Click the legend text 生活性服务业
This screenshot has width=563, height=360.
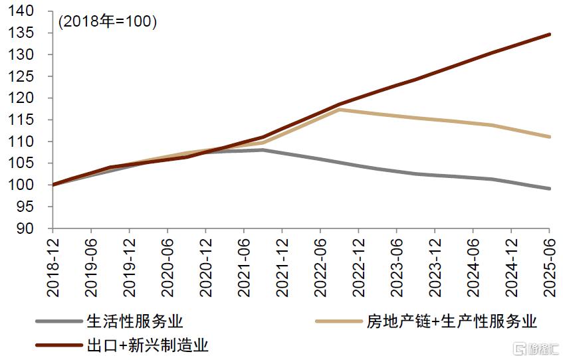tap(134, 321)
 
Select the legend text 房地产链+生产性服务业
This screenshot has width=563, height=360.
tap(451, 321)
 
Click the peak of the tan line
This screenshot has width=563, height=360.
tap(339, 110)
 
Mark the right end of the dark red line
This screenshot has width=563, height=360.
tap(550, 34)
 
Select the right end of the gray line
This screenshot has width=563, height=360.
tap(550, 189)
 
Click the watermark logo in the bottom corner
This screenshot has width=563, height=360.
tap(536, 348)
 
